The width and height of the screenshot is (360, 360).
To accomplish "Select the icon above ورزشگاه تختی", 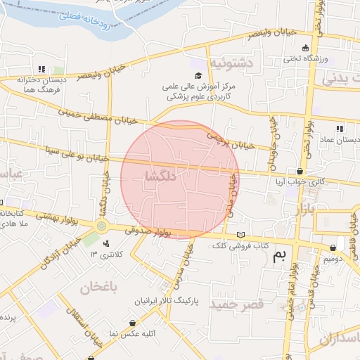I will click(x=304, y=48).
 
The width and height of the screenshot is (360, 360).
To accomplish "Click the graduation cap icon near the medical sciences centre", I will click(x=198, y=75).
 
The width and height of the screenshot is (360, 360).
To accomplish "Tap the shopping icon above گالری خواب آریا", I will click(x=300, y=171).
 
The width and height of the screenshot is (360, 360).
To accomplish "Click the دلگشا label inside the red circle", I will click(x=157, y=174).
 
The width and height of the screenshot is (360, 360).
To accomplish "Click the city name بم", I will click(x=279, y=257).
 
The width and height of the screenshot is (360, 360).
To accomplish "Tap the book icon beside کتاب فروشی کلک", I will click(x=242, y=235).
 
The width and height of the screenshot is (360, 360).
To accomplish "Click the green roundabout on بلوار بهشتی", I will click(x=102, y=226).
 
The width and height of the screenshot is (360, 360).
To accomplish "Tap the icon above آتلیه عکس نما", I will click(x=133, y=323).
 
